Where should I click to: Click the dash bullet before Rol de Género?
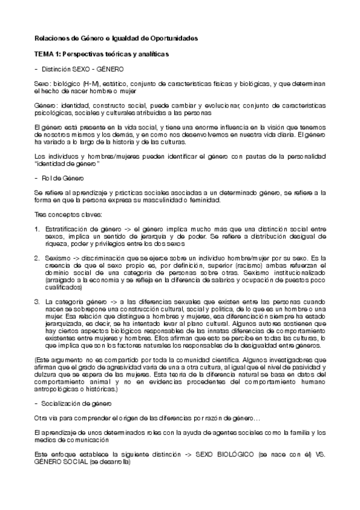point(37,179)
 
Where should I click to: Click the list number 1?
point(37,229)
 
